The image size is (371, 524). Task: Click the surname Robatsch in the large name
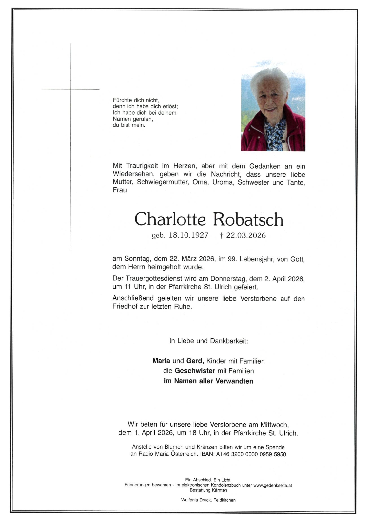(x=248, y=219)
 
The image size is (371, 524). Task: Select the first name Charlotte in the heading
(x=170, y=219)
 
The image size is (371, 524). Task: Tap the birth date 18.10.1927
(x=188, y=235)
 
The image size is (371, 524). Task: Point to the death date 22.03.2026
(x=246, y=235)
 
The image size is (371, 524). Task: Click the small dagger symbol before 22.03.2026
(x=222, y=235)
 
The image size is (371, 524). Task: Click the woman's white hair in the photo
(x=270, y=79)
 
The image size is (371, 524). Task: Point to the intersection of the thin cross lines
(x=71, y=89)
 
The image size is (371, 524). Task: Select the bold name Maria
(x=161, y=361)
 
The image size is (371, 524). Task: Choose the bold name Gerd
(x=195, y=361)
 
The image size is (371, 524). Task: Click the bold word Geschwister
(x=195, y=371)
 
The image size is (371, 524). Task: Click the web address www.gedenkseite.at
(x=273, y=485)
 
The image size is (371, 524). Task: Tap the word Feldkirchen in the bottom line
(x=225, y=500)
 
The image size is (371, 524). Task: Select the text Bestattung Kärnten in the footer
(x=208, y=490)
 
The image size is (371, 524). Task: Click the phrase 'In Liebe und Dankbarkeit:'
(x=209, y=341)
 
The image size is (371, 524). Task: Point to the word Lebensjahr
(x=257, y=259)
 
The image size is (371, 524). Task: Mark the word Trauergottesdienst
(x=154, y=279)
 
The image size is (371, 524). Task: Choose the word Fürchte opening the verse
(x=122, y=100)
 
